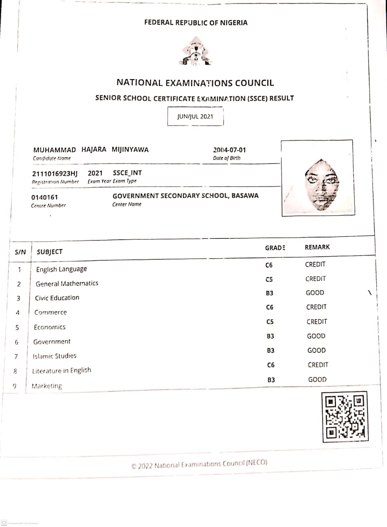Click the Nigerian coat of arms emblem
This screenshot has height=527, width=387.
[x=196, y=51]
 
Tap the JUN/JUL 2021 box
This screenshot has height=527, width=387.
[x=195, y=117]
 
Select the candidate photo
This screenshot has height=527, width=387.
[x=317, y=178]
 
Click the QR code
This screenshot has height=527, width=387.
[x=345, y=416]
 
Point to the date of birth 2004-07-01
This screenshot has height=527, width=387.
[x=229, y=150]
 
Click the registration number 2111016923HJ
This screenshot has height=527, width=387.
[x=55, y=173]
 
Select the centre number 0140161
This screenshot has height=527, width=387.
[x=44, y=197]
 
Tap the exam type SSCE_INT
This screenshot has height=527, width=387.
[x=127, y=173]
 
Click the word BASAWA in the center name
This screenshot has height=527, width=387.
[x=245, y=196]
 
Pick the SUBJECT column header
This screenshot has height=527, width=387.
[x=49, y=252]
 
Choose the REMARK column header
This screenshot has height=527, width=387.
[x=317, y=247]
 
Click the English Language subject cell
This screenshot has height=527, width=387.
[x=61, y=269]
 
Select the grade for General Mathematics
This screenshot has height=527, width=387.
[x=269, y=280]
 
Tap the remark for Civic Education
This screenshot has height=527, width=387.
[x=315, y=293]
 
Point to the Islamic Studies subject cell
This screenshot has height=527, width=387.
[x=54, y=356]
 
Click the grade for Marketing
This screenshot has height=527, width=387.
[x=271, y=380]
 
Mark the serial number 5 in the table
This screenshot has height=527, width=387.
[x=17, y=327]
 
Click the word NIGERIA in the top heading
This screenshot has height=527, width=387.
[x=233, y=23]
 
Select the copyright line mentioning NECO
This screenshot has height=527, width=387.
[x=199, y=464]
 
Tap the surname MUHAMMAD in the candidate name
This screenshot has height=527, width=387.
[x=54, y=150]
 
